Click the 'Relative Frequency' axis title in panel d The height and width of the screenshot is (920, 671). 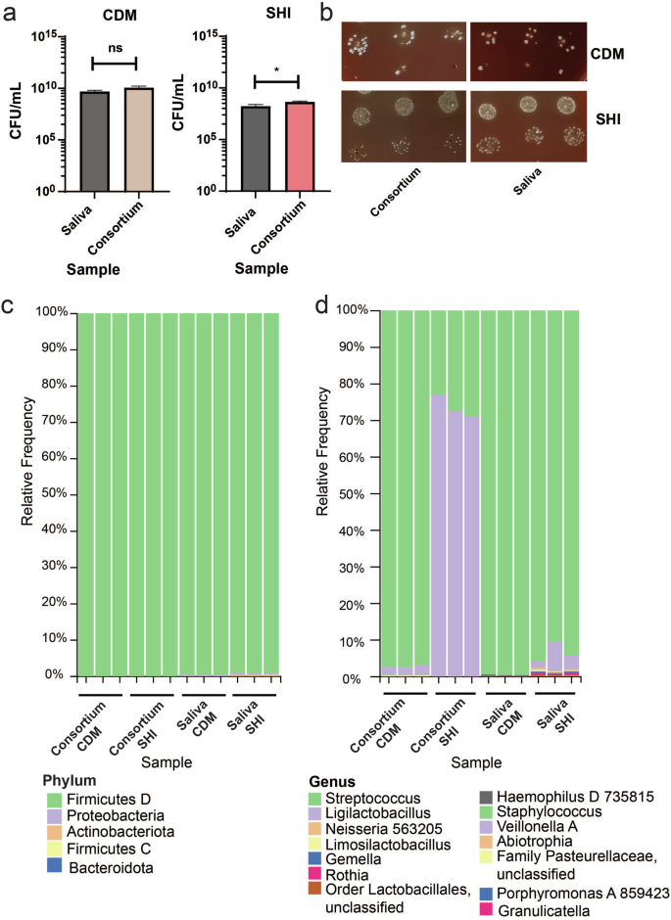324,493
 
